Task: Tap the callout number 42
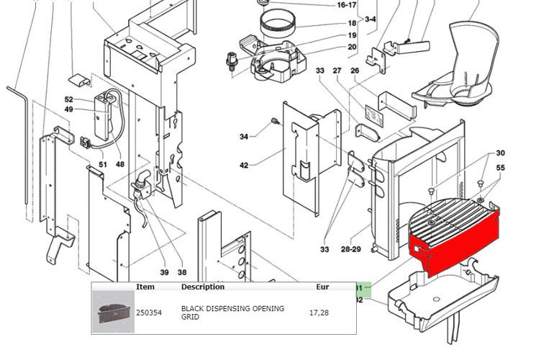pos(244,166)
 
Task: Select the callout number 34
pos(244,137)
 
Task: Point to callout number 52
pos(69,100)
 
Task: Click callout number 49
pos(69,109)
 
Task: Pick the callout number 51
pos(103,164)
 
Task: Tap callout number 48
pos(120,164)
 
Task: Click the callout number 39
pos(164,272)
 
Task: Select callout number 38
pos(182,272)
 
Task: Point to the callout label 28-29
pos(351,250)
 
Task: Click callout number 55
pos(501,168)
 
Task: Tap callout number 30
pos(501,153)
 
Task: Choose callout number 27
pos(337,71)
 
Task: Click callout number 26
pos(355,71)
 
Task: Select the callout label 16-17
pos(347,5)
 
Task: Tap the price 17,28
pos(319,312)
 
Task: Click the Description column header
pos(203,287)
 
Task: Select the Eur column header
pos(322,287)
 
